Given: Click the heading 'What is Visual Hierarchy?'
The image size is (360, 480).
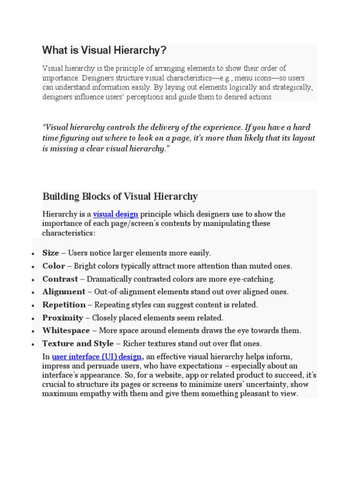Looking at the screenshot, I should pos(104,50).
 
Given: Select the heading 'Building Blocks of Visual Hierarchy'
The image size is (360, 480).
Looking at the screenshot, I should pos(120,196).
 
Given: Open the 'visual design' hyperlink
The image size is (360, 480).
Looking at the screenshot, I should pos(115,214).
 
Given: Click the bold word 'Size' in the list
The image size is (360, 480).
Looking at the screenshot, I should pos(51,253).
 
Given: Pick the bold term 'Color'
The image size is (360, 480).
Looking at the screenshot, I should pos(53,266).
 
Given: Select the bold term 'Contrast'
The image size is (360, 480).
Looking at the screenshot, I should pos(60,279).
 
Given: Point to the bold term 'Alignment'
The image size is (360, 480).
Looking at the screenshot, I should pos(64,292).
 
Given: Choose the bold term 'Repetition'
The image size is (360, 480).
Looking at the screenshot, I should pos(64,305).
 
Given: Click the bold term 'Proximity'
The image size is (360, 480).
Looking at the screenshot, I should pos(62,318).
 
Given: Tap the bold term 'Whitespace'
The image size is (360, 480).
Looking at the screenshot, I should pos(66,330).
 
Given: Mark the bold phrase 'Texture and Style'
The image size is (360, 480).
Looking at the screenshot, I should pos(78,344).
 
